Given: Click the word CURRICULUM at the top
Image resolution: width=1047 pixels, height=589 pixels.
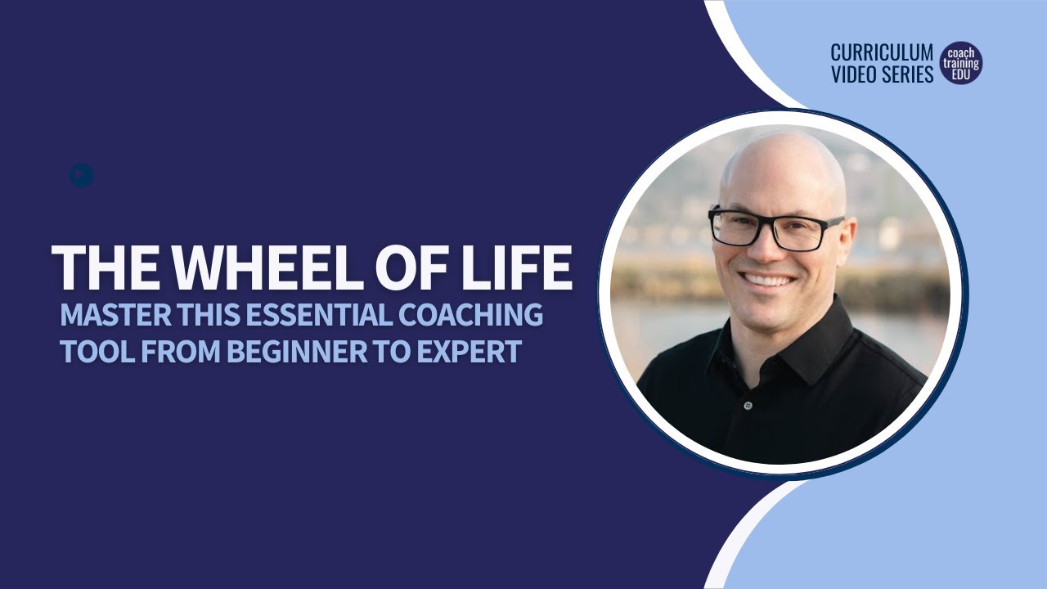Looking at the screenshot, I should (882, 53).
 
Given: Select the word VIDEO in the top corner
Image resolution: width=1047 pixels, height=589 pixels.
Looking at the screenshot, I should (855, 74).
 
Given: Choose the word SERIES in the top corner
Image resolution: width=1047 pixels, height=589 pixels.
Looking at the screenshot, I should (908, 74).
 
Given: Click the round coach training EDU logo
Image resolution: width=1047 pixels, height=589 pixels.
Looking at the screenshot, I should (961, 63).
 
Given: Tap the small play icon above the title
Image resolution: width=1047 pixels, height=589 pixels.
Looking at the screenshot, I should (81, 175).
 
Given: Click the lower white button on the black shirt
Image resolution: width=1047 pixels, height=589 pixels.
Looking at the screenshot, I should (747, 406).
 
